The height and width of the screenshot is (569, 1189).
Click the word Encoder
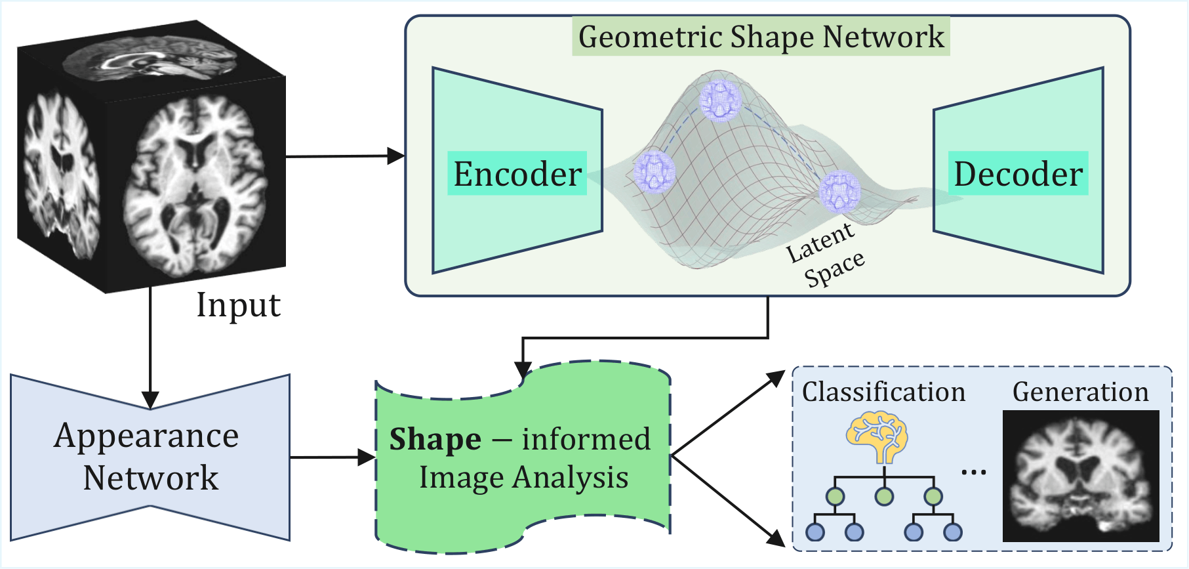tap(517, 174)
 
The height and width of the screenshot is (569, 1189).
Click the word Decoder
tap(1018, 174)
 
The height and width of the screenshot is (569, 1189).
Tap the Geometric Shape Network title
tap(761, 37)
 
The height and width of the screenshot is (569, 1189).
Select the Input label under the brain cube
tap(239, 305)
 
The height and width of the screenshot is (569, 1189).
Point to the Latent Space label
tap(826, 254)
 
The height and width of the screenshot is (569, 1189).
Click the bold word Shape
tap(435, 440)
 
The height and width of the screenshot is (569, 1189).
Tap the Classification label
tap(883, 392)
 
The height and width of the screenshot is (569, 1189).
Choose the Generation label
tap(1081, 392)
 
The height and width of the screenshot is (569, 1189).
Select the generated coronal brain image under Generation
tap(1081, 476)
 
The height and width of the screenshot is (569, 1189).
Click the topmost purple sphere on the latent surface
tap(720, 100)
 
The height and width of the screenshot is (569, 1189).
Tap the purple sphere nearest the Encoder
tap(655, 171)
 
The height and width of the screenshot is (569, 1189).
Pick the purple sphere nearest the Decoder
tap(839, 191)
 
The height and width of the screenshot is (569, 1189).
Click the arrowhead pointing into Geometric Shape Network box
tap(396, 156)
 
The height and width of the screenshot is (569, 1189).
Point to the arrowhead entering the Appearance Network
tap(150, 400)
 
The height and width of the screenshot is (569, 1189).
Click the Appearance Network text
tap(148, 457)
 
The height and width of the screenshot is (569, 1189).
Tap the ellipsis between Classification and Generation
tap(974, 472)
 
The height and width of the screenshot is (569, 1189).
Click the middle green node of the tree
tap(884, 496)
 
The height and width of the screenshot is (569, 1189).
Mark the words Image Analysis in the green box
tap(523, 478)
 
